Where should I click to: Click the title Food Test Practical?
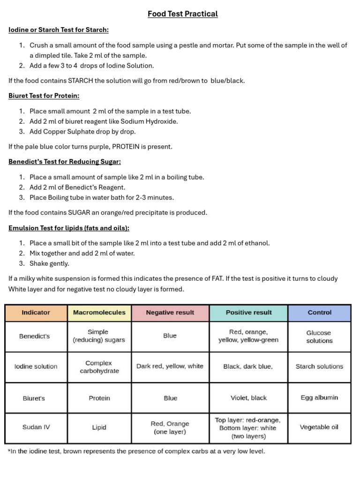pos(182,14)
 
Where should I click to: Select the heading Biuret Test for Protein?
pos(44,96)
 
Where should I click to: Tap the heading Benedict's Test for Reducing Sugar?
pos(65,162)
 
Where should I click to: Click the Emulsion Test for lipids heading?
pos(69,228)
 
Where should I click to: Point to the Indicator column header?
pos(36,313)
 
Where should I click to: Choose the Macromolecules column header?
pos(99,313)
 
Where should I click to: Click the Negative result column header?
pos(170,313)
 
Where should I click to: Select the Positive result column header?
pos(248,313)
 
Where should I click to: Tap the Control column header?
pos(319,313)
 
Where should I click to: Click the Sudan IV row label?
pos(36,427)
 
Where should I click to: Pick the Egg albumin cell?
pos(319,398)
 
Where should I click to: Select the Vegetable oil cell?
pos(319,427)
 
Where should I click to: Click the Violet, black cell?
pos(248,398)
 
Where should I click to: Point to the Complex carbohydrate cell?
pos(99,367)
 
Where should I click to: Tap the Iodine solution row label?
pos(36,367)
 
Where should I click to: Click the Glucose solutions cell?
pos(319,337)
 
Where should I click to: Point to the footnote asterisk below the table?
pos(9,451)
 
